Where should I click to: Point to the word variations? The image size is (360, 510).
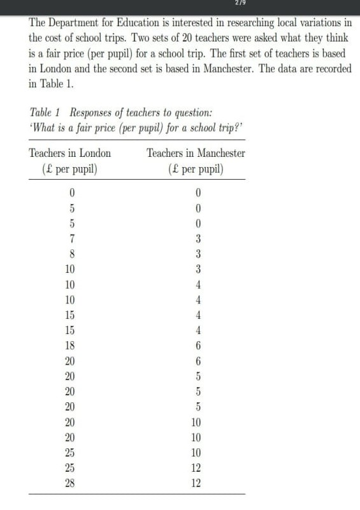pos(319,22)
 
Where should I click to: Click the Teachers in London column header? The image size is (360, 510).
pos(70,153)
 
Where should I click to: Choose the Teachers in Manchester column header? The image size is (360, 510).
pos(196,153)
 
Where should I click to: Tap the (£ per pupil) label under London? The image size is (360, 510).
pos(70,170)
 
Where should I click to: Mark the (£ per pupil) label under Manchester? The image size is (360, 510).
pos(197,170)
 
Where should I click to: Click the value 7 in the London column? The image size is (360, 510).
pos(73,239)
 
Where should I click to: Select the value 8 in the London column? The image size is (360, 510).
pos(73,254)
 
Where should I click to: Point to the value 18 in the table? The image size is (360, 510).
pos(70,346)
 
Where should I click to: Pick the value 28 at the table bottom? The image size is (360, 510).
pos(70,483)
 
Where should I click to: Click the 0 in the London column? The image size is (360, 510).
pos(73,193)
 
